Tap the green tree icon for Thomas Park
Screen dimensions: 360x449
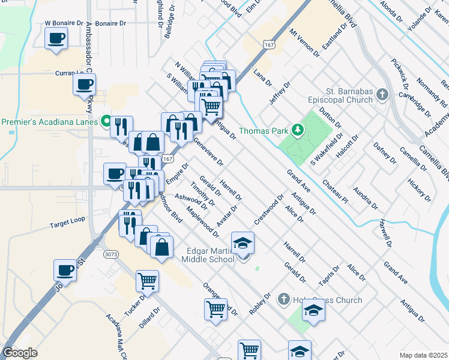click(296, 130)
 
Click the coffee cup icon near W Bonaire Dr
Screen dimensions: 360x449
click(56, 38)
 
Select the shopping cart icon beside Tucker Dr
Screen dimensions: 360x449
click(147, 280)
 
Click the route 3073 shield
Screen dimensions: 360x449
click(110, 254)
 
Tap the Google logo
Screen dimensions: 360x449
click(20, 353)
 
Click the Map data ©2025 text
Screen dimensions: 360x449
click(423, 355)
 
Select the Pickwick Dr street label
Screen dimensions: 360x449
click(399, 70)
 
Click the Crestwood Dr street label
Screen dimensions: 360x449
click(268, 209)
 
